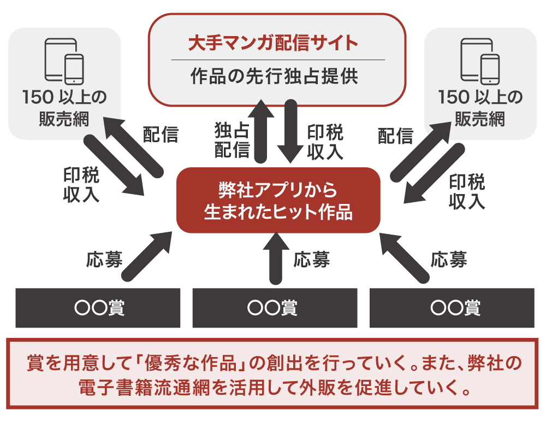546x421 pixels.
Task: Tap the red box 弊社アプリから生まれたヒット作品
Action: pyautogui.click(x=278, y=201)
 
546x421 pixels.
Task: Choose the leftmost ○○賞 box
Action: pyautogui.click(x=98, y=308)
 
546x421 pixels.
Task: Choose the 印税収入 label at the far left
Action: pyautogui.click(x=81, y=185)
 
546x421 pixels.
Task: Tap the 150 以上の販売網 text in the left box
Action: pyautogui.click(x=64, y=108)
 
